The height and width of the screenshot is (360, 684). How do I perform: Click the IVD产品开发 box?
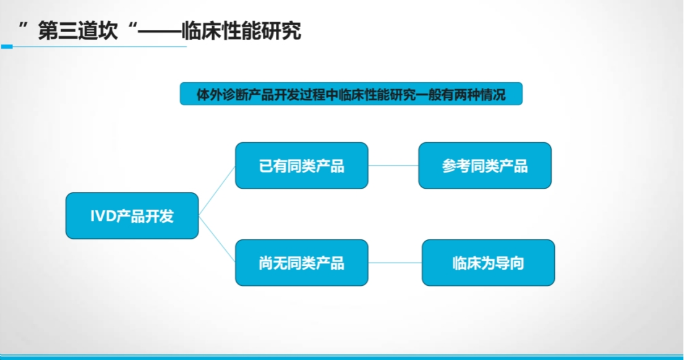tap(132, 215)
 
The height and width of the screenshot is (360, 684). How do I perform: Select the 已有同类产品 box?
tap(301, 165)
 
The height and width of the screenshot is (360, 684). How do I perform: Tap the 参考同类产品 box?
tap(485, 165)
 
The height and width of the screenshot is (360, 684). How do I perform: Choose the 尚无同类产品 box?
tap(301, 263)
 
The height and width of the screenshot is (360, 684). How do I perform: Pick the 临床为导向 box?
tap(488, 263)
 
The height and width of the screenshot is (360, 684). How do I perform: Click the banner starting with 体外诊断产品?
tap(351, 94)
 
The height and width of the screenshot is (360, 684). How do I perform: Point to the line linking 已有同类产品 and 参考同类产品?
tap(393, 166)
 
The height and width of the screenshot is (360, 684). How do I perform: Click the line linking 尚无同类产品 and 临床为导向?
tap(395, 263)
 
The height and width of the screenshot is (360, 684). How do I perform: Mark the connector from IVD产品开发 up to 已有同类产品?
tap(217, 191)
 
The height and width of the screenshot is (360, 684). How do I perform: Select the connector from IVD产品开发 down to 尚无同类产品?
tap(217, 239)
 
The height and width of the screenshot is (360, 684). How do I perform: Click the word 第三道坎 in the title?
tap(78, 31)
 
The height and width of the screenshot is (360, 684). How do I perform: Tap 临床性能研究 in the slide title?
tap(241, 31)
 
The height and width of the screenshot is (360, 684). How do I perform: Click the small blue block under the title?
tap(7, 46)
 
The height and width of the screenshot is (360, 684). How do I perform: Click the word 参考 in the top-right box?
tap(456, 166)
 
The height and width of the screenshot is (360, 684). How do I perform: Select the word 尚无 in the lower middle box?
tap(273, 263)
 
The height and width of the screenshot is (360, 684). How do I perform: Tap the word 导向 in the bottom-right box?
tap(510, 263)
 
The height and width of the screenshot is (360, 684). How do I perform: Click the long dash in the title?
tap(160, 32)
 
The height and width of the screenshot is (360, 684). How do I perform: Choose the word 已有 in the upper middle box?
tap(273, 166)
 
